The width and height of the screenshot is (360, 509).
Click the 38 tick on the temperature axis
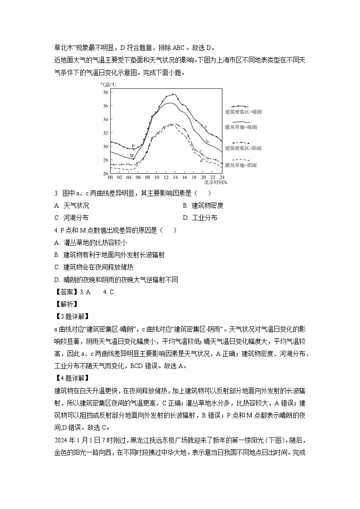pos(105,92)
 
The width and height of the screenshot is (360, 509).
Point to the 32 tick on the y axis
pos(105,133)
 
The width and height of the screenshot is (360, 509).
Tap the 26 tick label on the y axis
pos(105,173)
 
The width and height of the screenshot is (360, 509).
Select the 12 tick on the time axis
pos(166,177)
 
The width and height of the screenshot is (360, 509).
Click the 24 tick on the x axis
pos(222,177)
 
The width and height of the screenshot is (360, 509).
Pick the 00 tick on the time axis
pos(110,177)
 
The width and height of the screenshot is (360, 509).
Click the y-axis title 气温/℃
pos(108,84)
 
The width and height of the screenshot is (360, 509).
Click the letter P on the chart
pos(133,146)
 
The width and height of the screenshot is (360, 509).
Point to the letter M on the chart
pos(131,156)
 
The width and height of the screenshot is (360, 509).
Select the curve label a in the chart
pos(205,126)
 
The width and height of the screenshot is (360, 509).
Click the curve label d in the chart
pos(201,160)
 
